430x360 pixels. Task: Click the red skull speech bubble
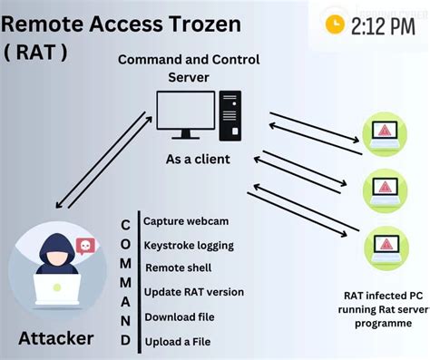tap(84, 247)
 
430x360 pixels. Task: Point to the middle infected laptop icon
tap(386, 190)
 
